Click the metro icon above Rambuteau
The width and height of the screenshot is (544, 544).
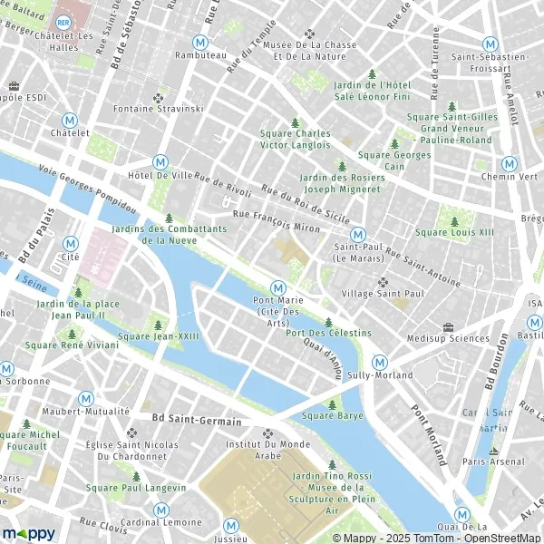(x=199, y=41)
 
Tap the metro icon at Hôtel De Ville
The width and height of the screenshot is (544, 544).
(x=160, y=160)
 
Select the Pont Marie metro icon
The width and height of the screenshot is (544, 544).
(x=279, y=287)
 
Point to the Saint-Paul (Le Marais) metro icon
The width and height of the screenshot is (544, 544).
(x=357, y=233)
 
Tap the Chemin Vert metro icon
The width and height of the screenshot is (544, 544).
(x=510, y=163)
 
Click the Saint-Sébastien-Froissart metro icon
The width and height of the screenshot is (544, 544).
(x=490, y=44)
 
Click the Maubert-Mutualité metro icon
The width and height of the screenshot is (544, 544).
(x=85, y=398)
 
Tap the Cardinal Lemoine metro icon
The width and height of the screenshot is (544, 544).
(x=160, y=510)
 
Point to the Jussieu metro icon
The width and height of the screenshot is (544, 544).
(x=231, y=524)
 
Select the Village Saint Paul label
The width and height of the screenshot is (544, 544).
(x=381, y=294)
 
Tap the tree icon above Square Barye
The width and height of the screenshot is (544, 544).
(x=332, y=404)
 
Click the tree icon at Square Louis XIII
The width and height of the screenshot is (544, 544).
(x=454, y=221)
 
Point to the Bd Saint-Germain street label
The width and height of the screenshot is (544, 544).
(x=198, y=421)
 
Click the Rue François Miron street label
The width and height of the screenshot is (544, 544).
(x=276, y=221)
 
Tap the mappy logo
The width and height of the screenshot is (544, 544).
(x=29, y=533)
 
